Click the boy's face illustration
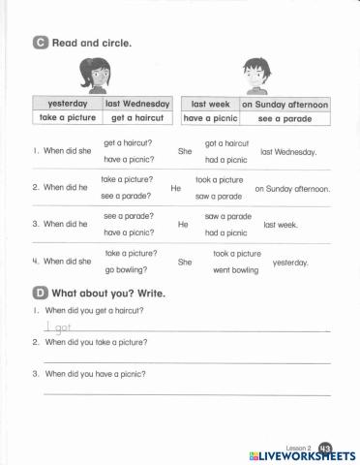255,73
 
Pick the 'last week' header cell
210,103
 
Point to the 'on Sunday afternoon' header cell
285,104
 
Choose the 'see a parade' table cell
285,118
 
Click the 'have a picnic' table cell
210,118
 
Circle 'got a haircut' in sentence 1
225,143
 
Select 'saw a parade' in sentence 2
218,196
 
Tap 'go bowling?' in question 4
123,269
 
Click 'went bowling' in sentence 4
235,270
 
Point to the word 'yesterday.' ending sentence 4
291,262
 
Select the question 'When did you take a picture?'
99,342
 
